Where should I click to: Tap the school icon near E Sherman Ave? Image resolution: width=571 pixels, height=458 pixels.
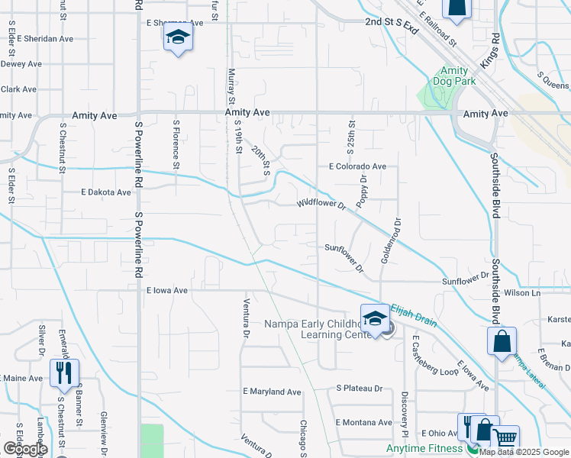click(178, 37)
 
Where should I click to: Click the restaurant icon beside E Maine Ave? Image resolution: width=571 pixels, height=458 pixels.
click(63, 373)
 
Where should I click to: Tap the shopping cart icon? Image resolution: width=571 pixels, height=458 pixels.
click(505, 439)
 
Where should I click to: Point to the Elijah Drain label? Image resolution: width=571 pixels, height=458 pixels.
click(414, 315)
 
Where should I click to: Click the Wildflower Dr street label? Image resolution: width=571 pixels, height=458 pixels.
click(321, 205)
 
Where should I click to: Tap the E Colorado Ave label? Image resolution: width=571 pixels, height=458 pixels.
click(357, 166)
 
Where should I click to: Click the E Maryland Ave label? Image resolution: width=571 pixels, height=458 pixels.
click(272, 392)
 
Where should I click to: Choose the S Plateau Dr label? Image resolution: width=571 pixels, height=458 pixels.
click(360, 389)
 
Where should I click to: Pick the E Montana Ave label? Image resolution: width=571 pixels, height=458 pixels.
click(363, 422)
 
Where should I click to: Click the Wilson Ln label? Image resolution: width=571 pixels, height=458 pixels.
click(522, 293)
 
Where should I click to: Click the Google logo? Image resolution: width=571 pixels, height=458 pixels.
click(25, 449)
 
